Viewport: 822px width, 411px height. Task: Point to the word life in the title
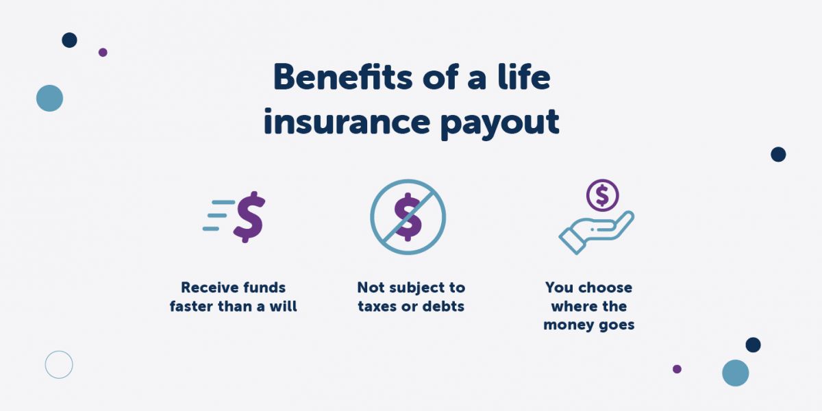525,77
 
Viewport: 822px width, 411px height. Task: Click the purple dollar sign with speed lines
249,217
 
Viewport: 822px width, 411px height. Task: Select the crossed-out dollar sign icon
408,217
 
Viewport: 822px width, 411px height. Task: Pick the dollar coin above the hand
602,195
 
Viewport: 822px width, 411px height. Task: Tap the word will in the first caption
284,306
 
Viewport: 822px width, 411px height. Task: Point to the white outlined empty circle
59,364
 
